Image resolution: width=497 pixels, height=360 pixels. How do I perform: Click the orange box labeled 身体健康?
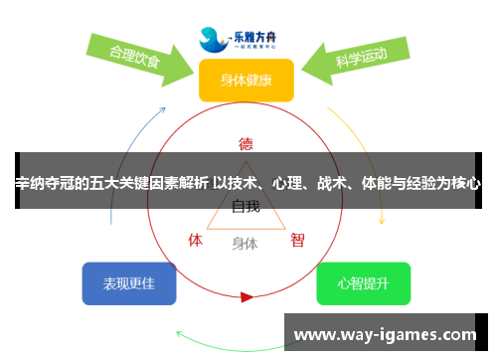coord(247,81)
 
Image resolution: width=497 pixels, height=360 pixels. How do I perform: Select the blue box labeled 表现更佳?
coord(129,283)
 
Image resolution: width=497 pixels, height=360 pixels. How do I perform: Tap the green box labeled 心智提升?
coord(363,283)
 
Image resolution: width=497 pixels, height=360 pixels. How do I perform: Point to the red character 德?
coord(247,142)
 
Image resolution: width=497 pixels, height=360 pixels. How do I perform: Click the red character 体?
coord(196,240)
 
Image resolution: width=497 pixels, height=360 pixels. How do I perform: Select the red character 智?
coord(297,240)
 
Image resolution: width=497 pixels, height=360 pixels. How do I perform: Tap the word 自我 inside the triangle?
coord(246,207)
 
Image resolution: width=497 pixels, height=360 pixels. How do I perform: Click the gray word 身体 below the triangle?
coord(245,243)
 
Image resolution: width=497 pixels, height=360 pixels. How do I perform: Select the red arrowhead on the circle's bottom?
coord(247,296)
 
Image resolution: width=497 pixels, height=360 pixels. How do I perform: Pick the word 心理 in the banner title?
coord(292,183)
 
